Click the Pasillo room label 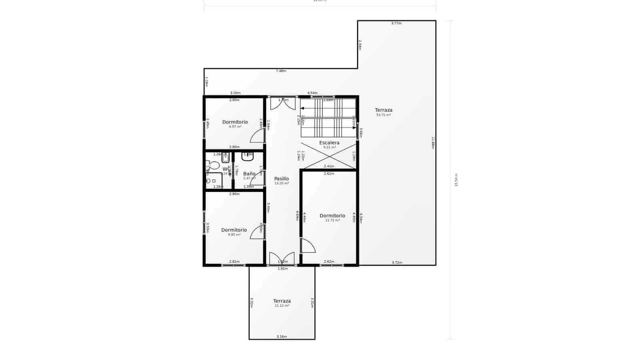pos(281,179)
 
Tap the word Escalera pos(329,143)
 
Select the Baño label pos(249,174)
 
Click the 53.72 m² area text pos(383,115)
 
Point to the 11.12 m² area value pos(282,306)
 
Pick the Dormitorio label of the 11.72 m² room pos(332,216)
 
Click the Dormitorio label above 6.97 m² pos(235,122)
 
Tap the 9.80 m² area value pos(234,235)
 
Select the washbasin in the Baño pos(247,156)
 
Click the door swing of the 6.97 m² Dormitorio pos(257,136)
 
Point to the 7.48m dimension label pos(281,71)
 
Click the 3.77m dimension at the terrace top pos(396,23)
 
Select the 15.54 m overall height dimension pos(456,180)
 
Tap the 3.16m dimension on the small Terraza pos(282,337)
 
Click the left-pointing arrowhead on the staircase pos(302,108)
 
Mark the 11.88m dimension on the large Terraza pos(433,143)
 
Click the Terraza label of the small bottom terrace pos(282,301)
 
